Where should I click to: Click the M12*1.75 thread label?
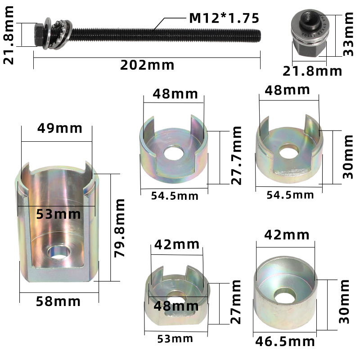(224, 18)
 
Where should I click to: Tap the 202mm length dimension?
(147, 65)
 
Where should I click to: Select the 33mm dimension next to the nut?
(348, 34)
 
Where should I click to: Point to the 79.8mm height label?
(120, 228)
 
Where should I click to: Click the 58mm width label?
(58, 301)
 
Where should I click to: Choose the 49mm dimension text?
(60, 128)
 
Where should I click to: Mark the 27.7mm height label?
(236, 155)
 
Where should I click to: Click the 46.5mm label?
(285, 342)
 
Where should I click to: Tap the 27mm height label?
(235, 301)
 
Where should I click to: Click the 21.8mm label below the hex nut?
(312, 71)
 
